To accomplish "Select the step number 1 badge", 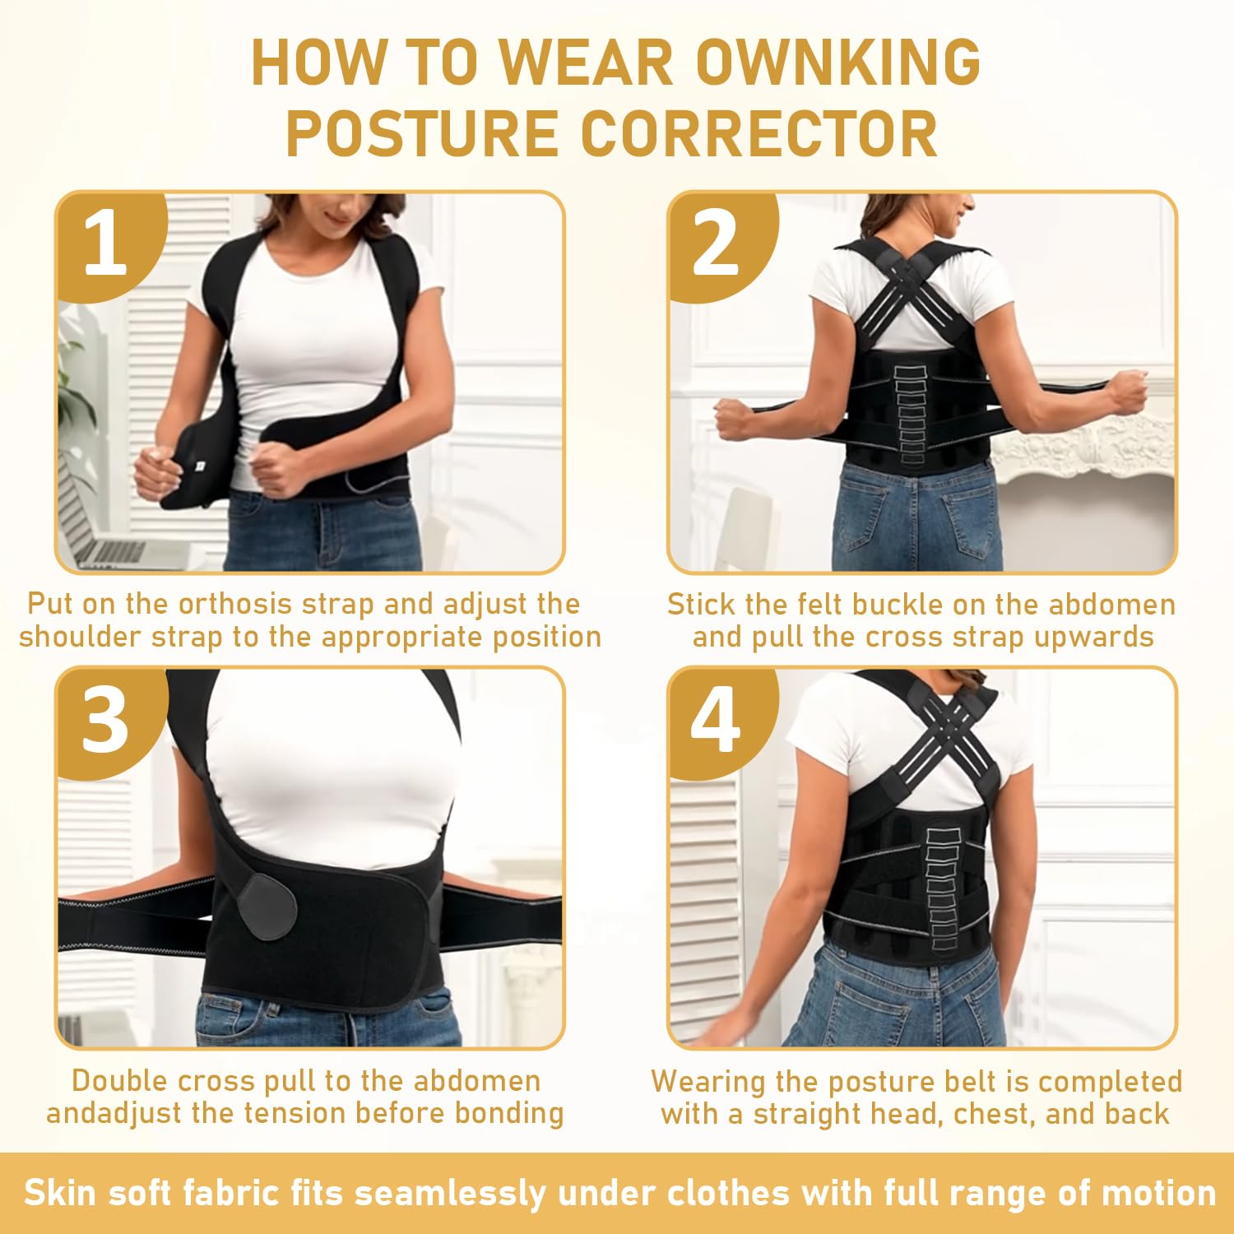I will pos(105,244).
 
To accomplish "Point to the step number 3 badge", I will pos(105,721).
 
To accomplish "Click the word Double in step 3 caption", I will pos(120,1081).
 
